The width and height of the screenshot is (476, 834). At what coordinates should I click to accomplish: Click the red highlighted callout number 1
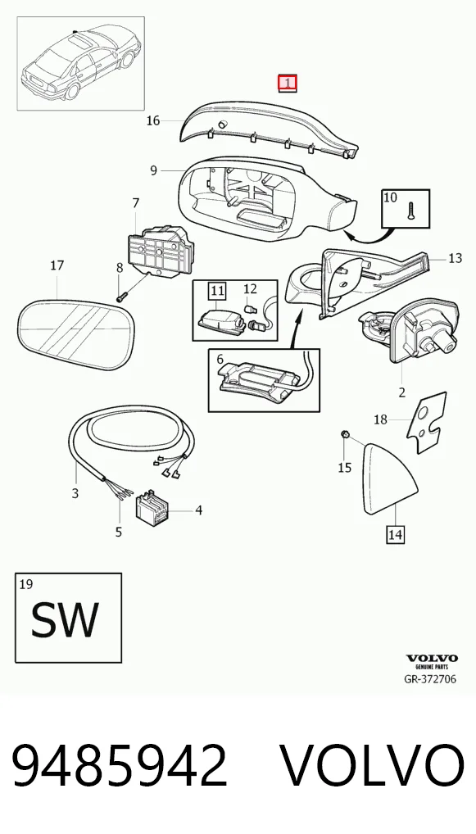coord(288,83)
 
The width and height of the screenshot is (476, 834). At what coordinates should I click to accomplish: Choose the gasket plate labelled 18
coord(427,423)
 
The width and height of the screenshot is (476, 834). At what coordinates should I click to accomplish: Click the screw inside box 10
coord(410,211)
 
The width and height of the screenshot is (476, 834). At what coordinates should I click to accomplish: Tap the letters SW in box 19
coord(65,619)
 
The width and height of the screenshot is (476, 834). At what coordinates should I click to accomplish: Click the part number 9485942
coord(120,765)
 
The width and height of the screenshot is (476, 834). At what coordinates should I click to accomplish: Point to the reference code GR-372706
coord(430,678)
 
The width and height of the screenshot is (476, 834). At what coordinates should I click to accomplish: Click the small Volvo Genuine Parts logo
coord(432,661)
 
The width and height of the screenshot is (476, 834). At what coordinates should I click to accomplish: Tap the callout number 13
coord(456,259)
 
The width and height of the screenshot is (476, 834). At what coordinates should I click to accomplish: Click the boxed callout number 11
coord(218,290)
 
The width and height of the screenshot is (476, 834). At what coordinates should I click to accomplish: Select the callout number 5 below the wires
coord(119,532)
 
